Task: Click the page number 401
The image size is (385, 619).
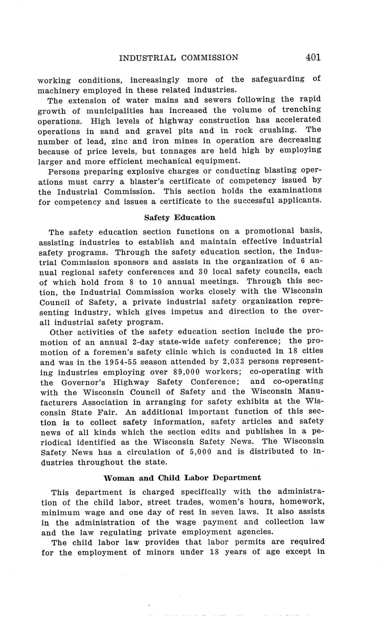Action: click(x=313, y=57)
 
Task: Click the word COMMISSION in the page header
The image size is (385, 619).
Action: click(x=210, y=57)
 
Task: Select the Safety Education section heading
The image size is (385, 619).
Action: click(x=179, y=218)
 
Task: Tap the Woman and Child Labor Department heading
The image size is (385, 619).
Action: click(x=182, y=478)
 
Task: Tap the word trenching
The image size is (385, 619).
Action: click(x=302, y=109)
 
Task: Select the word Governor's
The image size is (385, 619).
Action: click(x=85, y=382)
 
